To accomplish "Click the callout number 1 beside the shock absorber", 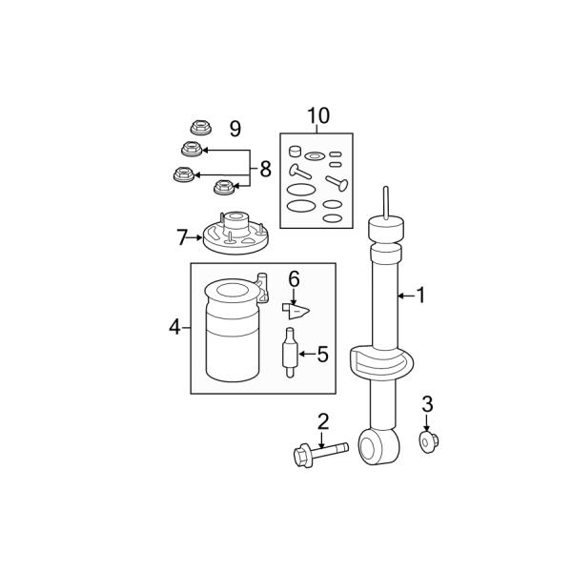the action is (x=420, y=295).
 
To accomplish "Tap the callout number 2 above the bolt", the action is (x=323, y=421).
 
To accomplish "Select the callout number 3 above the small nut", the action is (x=427, y=404).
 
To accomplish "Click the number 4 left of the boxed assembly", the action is (x=174, y=327).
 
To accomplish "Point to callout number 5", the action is (x=323, y=355).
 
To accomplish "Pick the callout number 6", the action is (x=294, y=279).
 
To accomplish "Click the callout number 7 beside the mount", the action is (x=182, y=237).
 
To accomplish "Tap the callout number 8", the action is (x=266, y=170).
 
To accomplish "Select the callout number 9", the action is (x=235, y=129).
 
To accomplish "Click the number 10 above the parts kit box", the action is (x=318, y=115).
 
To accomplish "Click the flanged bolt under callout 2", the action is (x=320, y=454).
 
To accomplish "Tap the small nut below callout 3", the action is (x=428, y=441).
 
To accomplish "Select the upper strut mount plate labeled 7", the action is (x=235, y=233).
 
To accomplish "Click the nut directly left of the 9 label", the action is (x=201, y=128).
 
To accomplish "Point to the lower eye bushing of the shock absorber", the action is (x=378, y=447).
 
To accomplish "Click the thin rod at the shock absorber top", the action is (x=386, y=203).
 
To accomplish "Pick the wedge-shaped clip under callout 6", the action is (x=296, y=312).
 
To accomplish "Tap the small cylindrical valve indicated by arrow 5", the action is (x=290, y=353).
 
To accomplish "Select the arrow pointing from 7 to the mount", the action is (x=195, y=237).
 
